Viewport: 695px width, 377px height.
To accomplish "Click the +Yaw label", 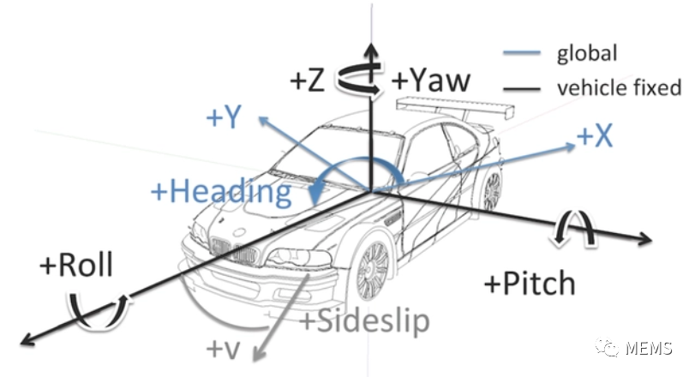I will [x=432, y=81].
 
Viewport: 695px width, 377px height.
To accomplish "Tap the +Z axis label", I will [x=307, y=81].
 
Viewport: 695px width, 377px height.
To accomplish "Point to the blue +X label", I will [x=595, y=135].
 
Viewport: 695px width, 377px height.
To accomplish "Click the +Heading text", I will [x=220, y=191].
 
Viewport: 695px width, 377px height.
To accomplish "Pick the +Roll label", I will [x=76, y=266].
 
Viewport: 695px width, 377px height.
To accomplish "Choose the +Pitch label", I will [x=528, y=283].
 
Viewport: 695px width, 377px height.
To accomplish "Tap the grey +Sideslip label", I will [x=364, y=321].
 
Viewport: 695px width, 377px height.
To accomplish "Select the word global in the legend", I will [x=587, y=53].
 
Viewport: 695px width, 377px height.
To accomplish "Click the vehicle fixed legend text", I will [x=618, y=87].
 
